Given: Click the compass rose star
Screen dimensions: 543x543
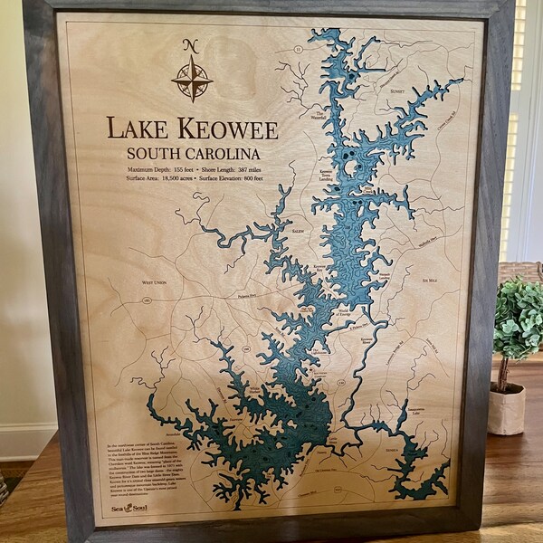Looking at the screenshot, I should [x=192, y=79].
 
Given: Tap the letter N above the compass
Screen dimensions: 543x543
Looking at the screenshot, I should [x=190, y=46].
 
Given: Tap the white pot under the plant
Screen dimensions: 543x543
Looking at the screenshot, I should [x=506, y=409].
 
